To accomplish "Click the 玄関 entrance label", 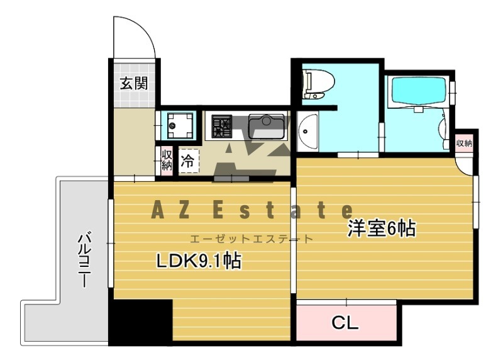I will click(134, 83).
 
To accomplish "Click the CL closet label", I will click(345, 323).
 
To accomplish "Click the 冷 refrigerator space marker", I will click(187, 160).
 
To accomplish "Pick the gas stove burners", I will click(221, 126).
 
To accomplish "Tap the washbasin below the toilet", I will click(307, 133).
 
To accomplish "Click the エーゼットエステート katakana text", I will click(251, 239).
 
